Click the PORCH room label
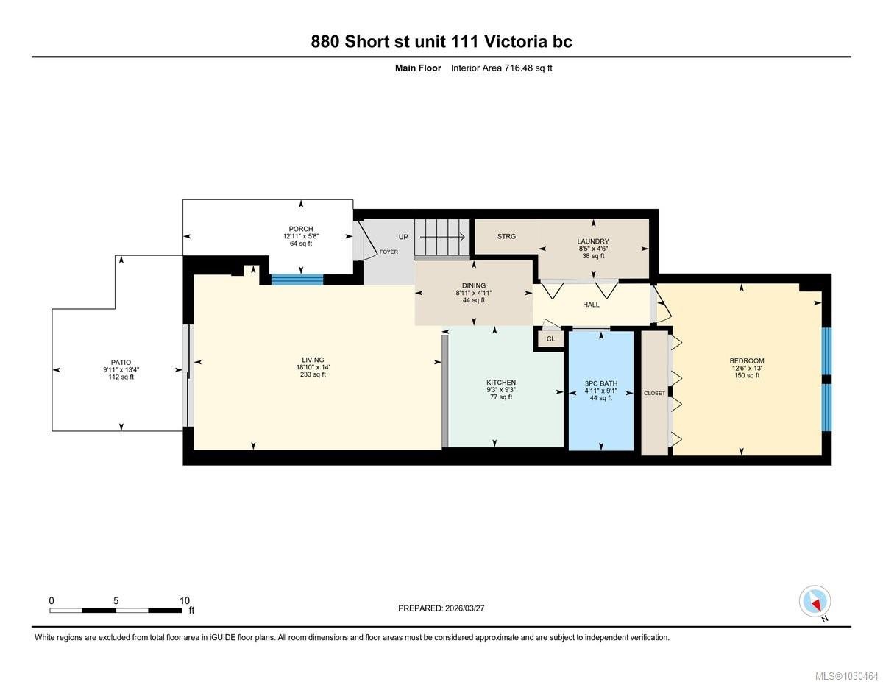tap(301, 229)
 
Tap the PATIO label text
tap(121, 362)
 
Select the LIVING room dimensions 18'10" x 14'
tap(313, 367)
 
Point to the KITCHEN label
tap(501, 383)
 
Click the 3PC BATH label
tap(601, 383)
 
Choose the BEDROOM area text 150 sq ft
tap(747, 375)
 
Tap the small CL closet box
tap(550, 338)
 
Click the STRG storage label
tap(506, 236)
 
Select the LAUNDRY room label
tap(593, 241)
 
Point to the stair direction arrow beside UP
tap(442, 237)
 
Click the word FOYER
tap(389, 252)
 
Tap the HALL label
tap(591, 305)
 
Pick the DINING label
tap(473, 285)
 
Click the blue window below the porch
tap(297, 280)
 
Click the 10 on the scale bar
tap(185, 601)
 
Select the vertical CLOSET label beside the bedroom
tap(654, 393)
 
